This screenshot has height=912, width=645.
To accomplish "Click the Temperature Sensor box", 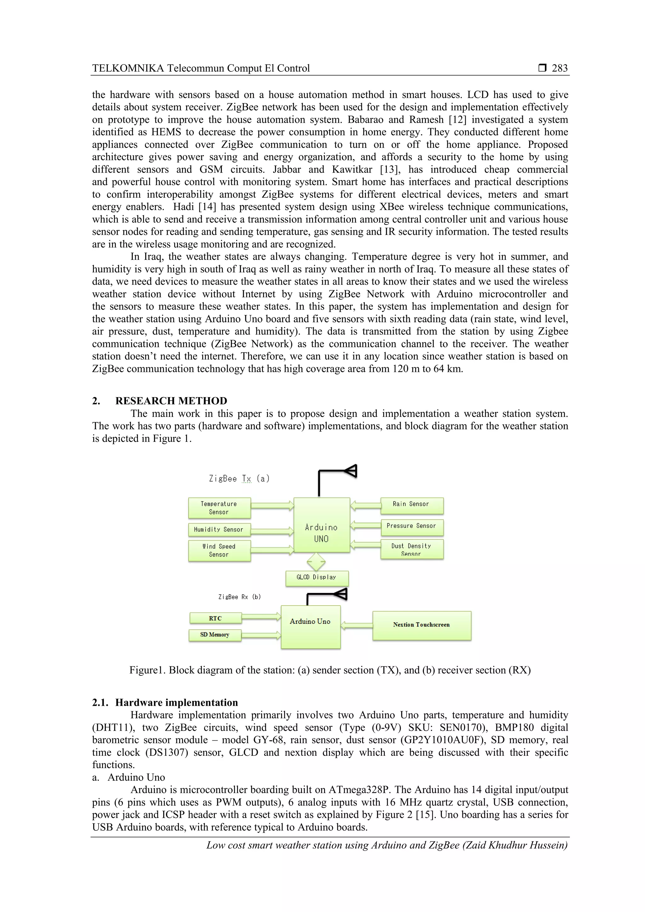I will coord(219,508).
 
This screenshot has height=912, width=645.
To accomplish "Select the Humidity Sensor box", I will coord(219,529).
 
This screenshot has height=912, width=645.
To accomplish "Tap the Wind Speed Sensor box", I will coord(219,550).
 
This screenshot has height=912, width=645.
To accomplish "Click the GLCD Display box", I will coord(317,578).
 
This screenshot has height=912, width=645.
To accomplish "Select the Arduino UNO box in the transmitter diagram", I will coord(321,525).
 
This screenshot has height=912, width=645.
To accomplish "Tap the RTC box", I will coord(215,618).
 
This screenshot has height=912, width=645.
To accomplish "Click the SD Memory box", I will coord(215,635).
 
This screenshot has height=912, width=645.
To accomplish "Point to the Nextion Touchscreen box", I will coord(421,625).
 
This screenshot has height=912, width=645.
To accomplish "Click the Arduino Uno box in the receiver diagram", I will coord(310,626).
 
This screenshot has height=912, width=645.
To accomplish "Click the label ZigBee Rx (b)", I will coord(239,597).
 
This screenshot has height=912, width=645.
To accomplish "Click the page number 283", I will coord(559,68).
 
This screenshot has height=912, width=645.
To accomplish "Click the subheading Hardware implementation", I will coord(176,702).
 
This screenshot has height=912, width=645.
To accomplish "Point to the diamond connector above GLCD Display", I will coord(316,562).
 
